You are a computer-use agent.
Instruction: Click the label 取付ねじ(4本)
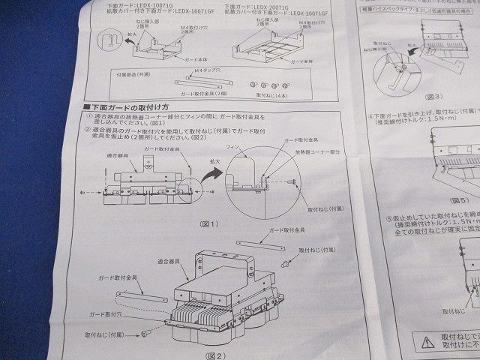[x=271, y=95]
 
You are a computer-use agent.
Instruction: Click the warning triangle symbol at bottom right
[x=427, y=341]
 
